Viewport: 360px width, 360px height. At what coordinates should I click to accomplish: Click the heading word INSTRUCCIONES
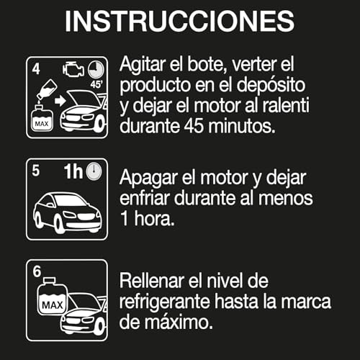click(x=179, y=22)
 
